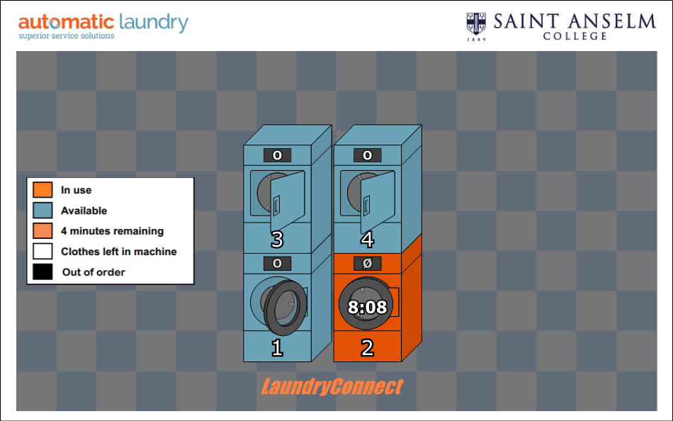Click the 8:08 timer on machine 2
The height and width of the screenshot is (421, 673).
[367, 308]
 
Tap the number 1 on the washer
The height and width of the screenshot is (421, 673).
[277, 348]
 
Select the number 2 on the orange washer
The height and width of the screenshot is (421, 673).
[367, 348]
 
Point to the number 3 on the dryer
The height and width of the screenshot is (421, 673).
[277, 240]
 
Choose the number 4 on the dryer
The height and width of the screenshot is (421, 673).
[367, 240]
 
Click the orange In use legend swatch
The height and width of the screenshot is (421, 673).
[43, 190]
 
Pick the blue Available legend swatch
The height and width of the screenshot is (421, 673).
[43, 211]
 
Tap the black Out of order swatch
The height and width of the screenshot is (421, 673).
[43, 271]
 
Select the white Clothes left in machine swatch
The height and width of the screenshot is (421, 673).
[43, 251]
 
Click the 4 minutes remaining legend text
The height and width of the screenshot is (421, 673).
[112, 231]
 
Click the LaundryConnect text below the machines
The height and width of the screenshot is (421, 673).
[332, 387]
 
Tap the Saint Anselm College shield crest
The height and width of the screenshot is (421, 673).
[476, 23]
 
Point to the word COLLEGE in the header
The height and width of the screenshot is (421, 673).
[575, 36]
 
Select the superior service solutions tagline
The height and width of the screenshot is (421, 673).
[66, 36]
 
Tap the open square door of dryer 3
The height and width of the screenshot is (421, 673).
[287, 193]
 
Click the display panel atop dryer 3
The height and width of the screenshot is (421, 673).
[277, 155]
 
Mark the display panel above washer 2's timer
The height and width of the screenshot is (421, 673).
[367, 264]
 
